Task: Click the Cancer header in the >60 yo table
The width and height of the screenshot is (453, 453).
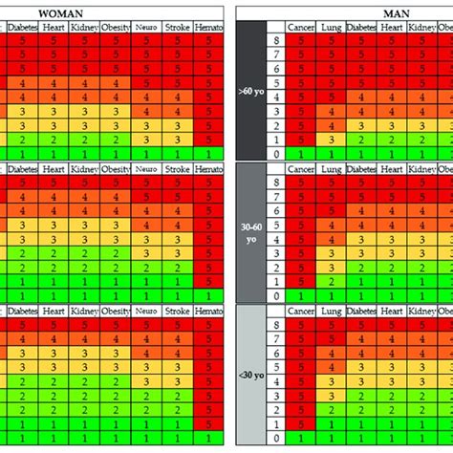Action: coord(303,29)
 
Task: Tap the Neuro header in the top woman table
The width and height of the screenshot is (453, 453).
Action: coord(146,29)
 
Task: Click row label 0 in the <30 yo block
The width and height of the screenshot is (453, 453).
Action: coord(276,439)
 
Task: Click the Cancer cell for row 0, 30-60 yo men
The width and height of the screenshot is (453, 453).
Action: coord(303,296)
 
